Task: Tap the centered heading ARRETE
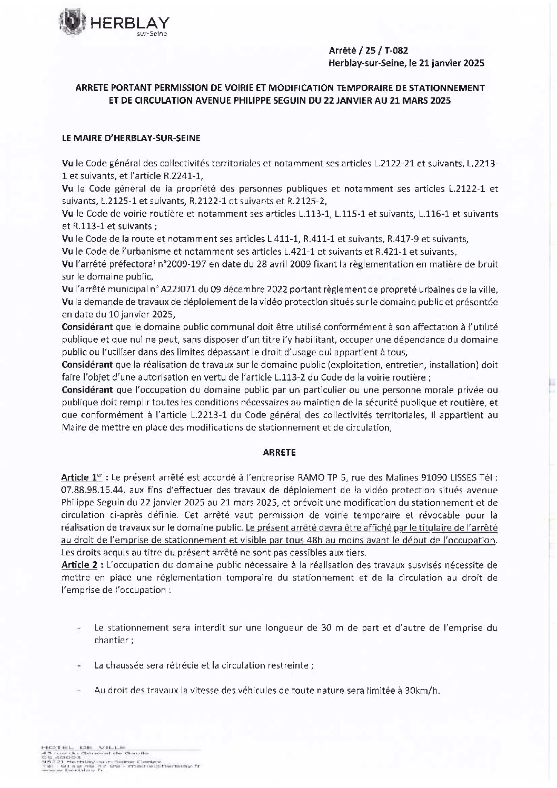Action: pos(278,452)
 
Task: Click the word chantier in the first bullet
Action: pos(112,640)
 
